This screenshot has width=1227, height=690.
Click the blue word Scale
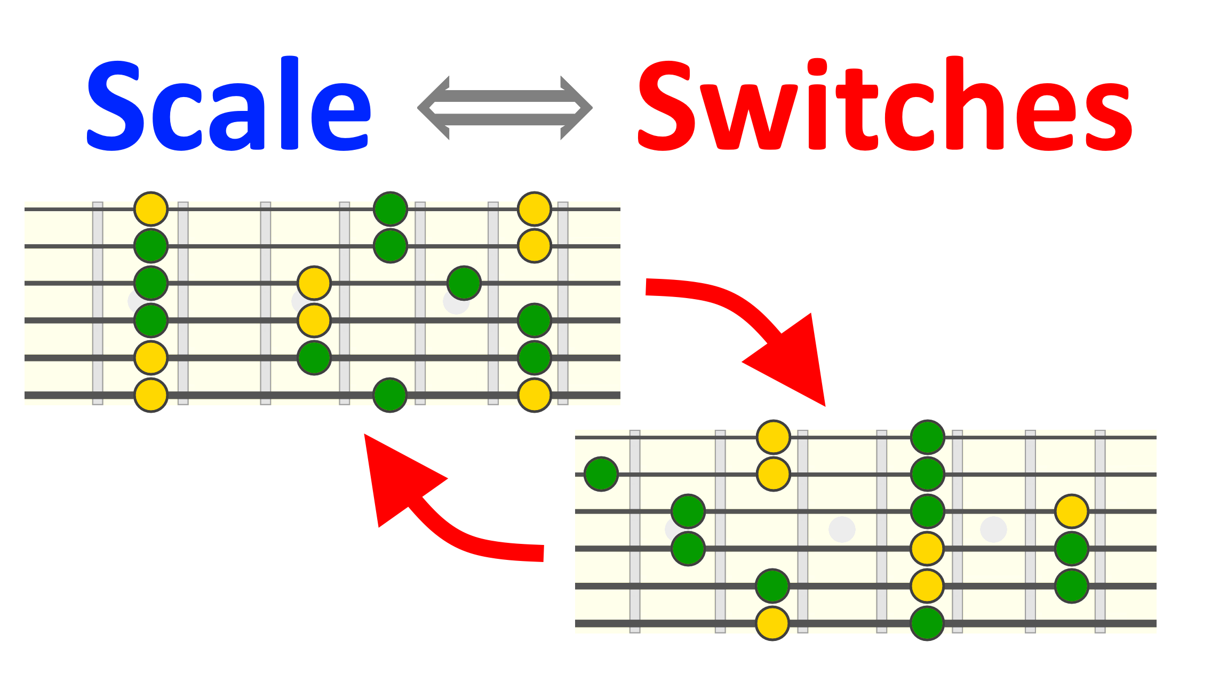click(x=228, y=104)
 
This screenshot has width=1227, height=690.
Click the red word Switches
click(x=885, y=104)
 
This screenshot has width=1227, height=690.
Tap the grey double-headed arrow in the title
click(x=505, y=108)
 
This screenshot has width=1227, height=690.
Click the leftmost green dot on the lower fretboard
click(x=601, y=474)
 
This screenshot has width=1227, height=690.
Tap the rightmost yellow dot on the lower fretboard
click(x=1072, y=511)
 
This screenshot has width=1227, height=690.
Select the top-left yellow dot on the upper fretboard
click(x=151, y=208)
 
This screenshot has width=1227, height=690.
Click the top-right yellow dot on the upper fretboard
click(x=534, y=208)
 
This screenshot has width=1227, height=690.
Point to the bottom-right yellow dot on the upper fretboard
click(x=534, y=395)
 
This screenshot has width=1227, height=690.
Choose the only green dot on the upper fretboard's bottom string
click(x=390, y=395)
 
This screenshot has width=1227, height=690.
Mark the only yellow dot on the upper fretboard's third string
click(x=314, y=283)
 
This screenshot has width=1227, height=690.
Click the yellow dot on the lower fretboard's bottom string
click(x=772, y=623)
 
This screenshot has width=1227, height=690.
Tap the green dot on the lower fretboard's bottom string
click(x=927, y=623)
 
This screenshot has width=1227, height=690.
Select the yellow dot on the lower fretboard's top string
click(x=773, y=437)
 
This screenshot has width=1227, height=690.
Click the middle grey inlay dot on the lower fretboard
click(x=842, y=529)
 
